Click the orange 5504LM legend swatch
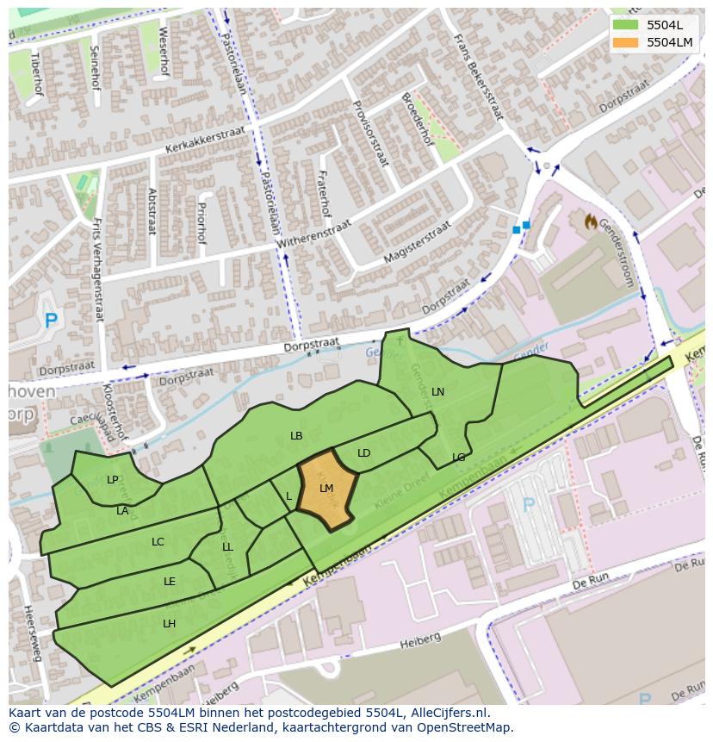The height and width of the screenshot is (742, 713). (x=626, y=42)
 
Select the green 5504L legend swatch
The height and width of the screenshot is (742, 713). (x=626, y=24)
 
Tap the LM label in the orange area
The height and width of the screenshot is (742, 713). (x=326, y=489)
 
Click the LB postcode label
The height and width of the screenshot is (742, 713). (x=296, y=436)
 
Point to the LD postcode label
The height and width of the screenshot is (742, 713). (x=364, y=453)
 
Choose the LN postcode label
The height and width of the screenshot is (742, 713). (x=438, y=392)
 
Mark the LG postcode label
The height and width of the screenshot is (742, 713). (x=459, y=458)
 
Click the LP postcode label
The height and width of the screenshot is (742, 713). (x=113, y=480)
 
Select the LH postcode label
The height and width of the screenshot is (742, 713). (x=170, y=624)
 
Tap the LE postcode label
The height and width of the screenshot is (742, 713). (x=170, y=582)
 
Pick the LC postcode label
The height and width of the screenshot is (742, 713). (x=158, y=542)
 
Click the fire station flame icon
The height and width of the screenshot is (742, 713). (x=591, y=222)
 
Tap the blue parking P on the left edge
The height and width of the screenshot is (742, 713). (x=51, y=321)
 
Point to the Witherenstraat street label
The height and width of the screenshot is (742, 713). (x=316, y=235)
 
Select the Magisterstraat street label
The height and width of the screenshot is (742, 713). (x=418, y=242)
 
